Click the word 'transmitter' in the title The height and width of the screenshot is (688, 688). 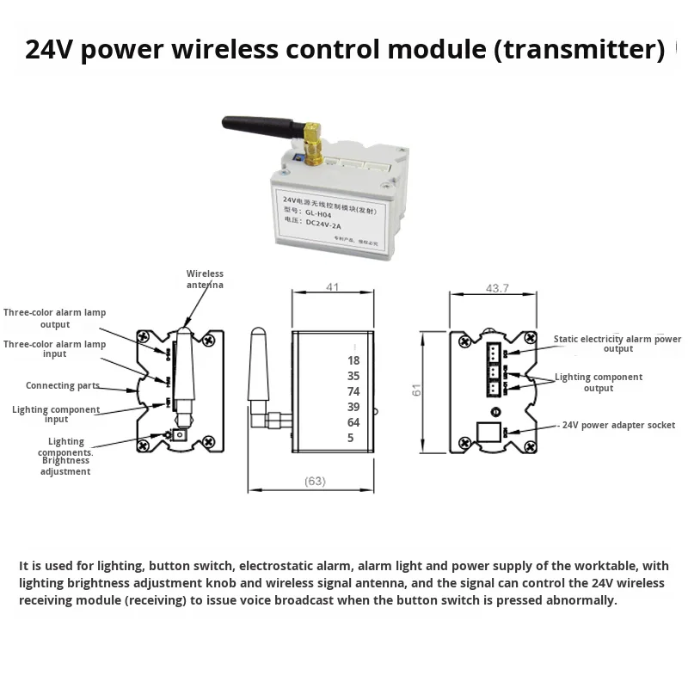pyautogui.click(x=581, y=49)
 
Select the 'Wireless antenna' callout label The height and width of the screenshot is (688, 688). pyautogui.click(x=205, y=279)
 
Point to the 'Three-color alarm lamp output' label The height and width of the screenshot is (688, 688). pyautogui.click(x=54, y=318)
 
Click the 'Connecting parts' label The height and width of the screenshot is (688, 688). pyautogui.click(x=62, y=386)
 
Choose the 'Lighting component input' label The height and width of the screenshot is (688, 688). pyautogui.click(x=56, y=415)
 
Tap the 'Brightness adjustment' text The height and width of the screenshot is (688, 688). pyautogui.click(x=65, y=466)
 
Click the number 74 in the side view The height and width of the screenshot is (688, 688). pyautogui.click(x=353, y=391)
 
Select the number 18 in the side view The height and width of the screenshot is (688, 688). pyautogui.click(x=353, y=360)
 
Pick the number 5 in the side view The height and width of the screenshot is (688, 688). pyautogui.click(x=351, y=438)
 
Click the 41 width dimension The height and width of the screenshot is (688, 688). pyautogui.click(x=332, y=289)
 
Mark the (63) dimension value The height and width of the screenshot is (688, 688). pyautogui.click(x=315, y=481)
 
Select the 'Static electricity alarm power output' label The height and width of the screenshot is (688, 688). pyautogui.click(x=617, y=344)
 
